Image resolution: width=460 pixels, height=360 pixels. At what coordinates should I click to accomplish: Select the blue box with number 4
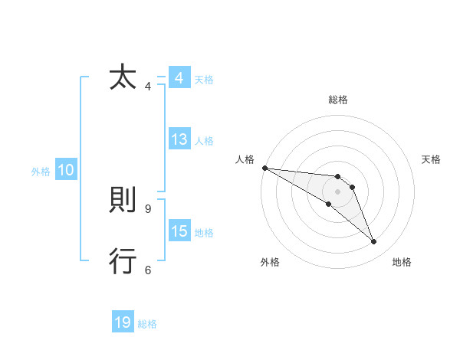tap(179, 78)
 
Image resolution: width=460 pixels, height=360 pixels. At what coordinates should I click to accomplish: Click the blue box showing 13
tap(179, 139)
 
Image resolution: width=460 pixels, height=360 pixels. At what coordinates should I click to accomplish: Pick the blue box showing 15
tap(179, 231)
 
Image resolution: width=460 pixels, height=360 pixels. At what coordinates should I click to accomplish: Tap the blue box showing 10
tap(65, 170)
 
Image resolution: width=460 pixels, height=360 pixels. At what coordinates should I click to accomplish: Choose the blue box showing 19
tap(123, 322)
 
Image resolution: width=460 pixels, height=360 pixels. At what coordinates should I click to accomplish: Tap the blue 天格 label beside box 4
tap(204, 80)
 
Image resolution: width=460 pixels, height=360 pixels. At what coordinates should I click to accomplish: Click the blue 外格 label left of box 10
tap(41, 172)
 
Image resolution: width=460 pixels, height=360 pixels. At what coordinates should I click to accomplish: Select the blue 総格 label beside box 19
tap(147, 324)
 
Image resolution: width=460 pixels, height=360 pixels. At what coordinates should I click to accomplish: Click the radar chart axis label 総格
tap(337, 100)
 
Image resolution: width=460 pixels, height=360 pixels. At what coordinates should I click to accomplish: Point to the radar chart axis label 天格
tap(432, 159)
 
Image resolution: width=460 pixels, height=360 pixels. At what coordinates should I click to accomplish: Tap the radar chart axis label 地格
tap(402, 262)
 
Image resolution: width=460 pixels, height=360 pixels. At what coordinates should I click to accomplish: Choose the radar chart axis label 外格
tap(270, 262)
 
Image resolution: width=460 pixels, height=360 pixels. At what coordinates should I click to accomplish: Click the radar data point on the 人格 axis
tap(264, 168)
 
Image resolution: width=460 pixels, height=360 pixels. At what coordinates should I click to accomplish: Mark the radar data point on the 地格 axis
tap(373, 242)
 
